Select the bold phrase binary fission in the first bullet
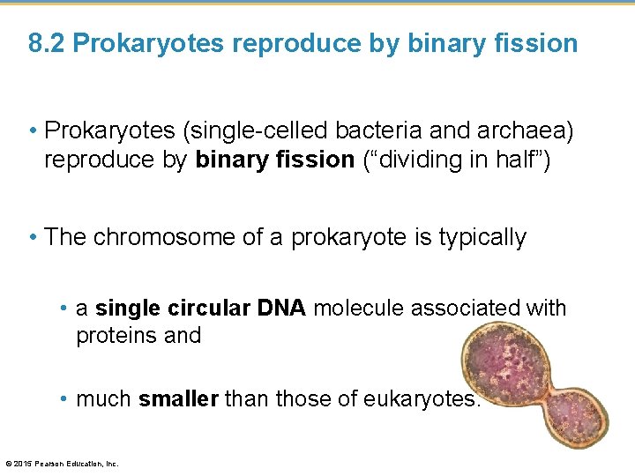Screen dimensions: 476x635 pos(274,160)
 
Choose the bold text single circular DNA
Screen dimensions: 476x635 pos(200,308)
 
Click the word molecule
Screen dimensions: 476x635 pos(359,308)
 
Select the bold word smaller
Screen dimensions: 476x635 pos(178,399)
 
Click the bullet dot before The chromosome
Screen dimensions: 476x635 pos(33,237)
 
